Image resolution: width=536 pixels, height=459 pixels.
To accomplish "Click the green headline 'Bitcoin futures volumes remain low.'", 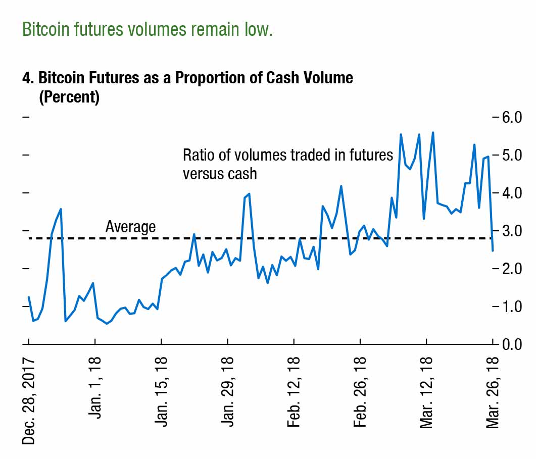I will click(147, 30).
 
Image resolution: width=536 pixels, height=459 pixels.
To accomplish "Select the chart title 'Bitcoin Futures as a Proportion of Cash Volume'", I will click(187, 79).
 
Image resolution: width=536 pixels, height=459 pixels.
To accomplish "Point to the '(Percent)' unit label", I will click(69, 96).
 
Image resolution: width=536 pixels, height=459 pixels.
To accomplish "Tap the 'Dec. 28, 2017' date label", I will click(29, 400).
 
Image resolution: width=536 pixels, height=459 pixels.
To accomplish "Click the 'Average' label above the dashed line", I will click(130, 227).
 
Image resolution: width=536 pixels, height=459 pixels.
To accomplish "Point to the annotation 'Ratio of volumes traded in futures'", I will click(287, 155).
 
